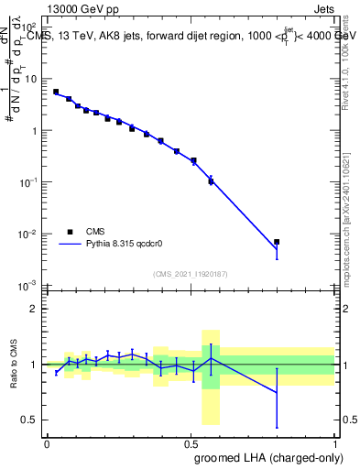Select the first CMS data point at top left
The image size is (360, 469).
[56, 92]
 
